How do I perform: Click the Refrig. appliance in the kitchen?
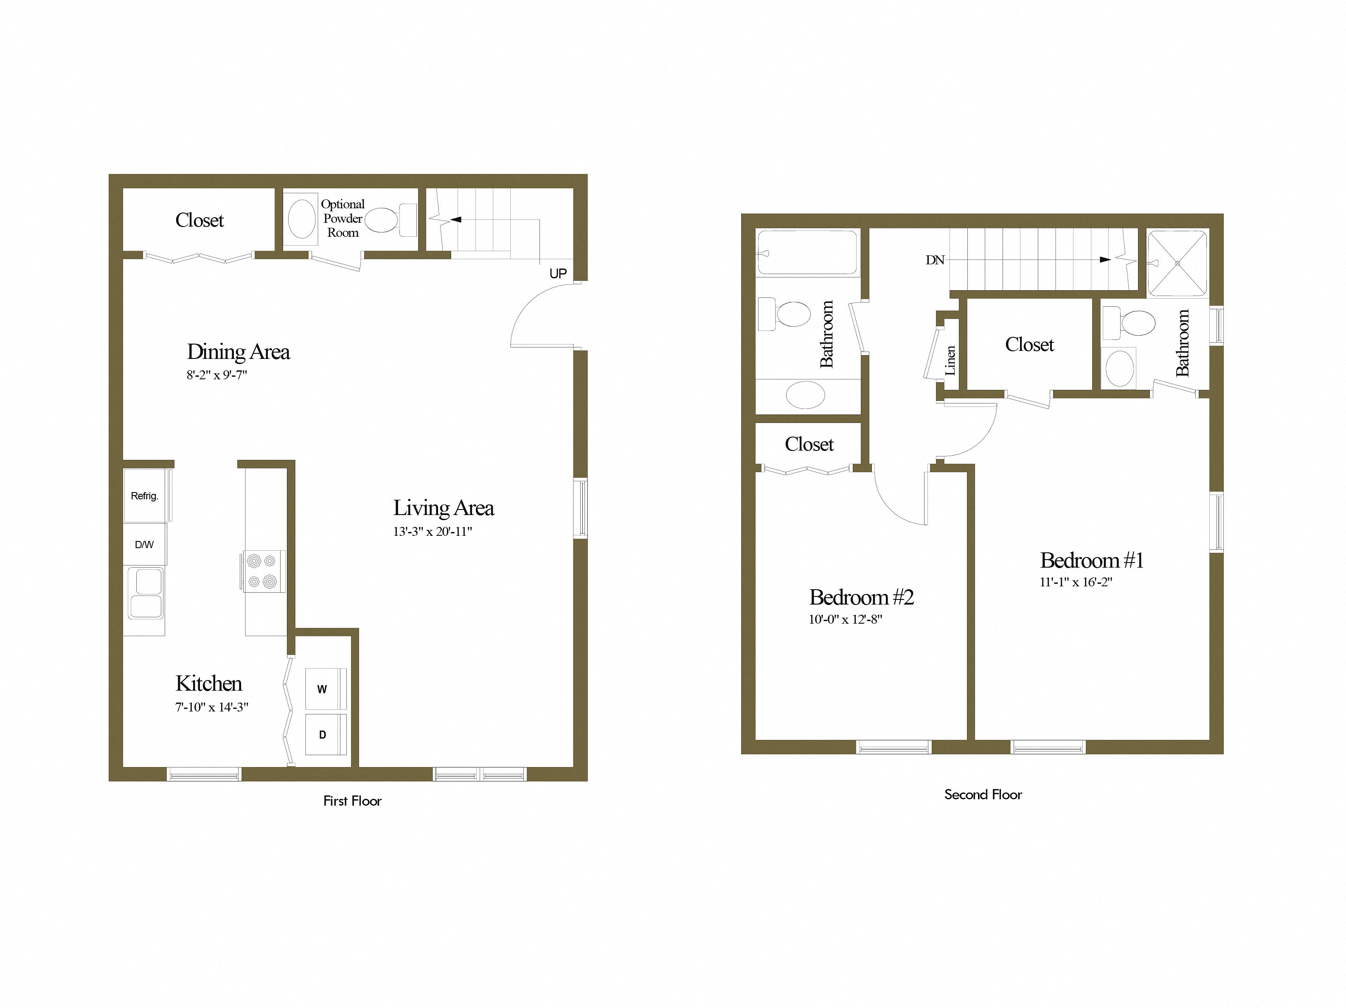coord(145,496)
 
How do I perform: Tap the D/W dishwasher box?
coord(144,544)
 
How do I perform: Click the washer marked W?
coord(324,689)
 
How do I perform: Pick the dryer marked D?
coord(324,735)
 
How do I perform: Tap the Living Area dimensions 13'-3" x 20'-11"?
coord(432,532)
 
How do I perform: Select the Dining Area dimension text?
coord(216,375)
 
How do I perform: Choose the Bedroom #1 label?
coord(1092,560)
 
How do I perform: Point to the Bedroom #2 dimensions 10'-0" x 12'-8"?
coord(845,619)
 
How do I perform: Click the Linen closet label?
coord(950,360)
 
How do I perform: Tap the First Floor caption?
coord(352,801)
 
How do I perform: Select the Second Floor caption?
coord(983,795)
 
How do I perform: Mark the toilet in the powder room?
coord(389,220)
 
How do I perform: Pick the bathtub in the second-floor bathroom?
coord(807,252)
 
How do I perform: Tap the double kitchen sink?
coord(146,593)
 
